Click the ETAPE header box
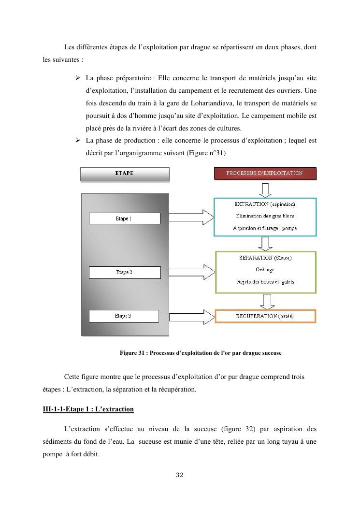point(124,174)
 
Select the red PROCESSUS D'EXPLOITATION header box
point(265,173)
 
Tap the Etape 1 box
point(124,218)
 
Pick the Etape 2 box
point(124,272)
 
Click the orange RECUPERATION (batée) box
point(265,316)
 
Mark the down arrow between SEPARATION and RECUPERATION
point(265,301)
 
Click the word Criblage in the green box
point(264,270)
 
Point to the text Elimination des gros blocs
point(265,216)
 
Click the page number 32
point(180,475)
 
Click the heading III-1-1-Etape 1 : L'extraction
point(88,409)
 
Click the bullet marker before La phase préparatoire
point(77,77)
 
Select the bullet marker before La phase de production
point(77,141)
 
